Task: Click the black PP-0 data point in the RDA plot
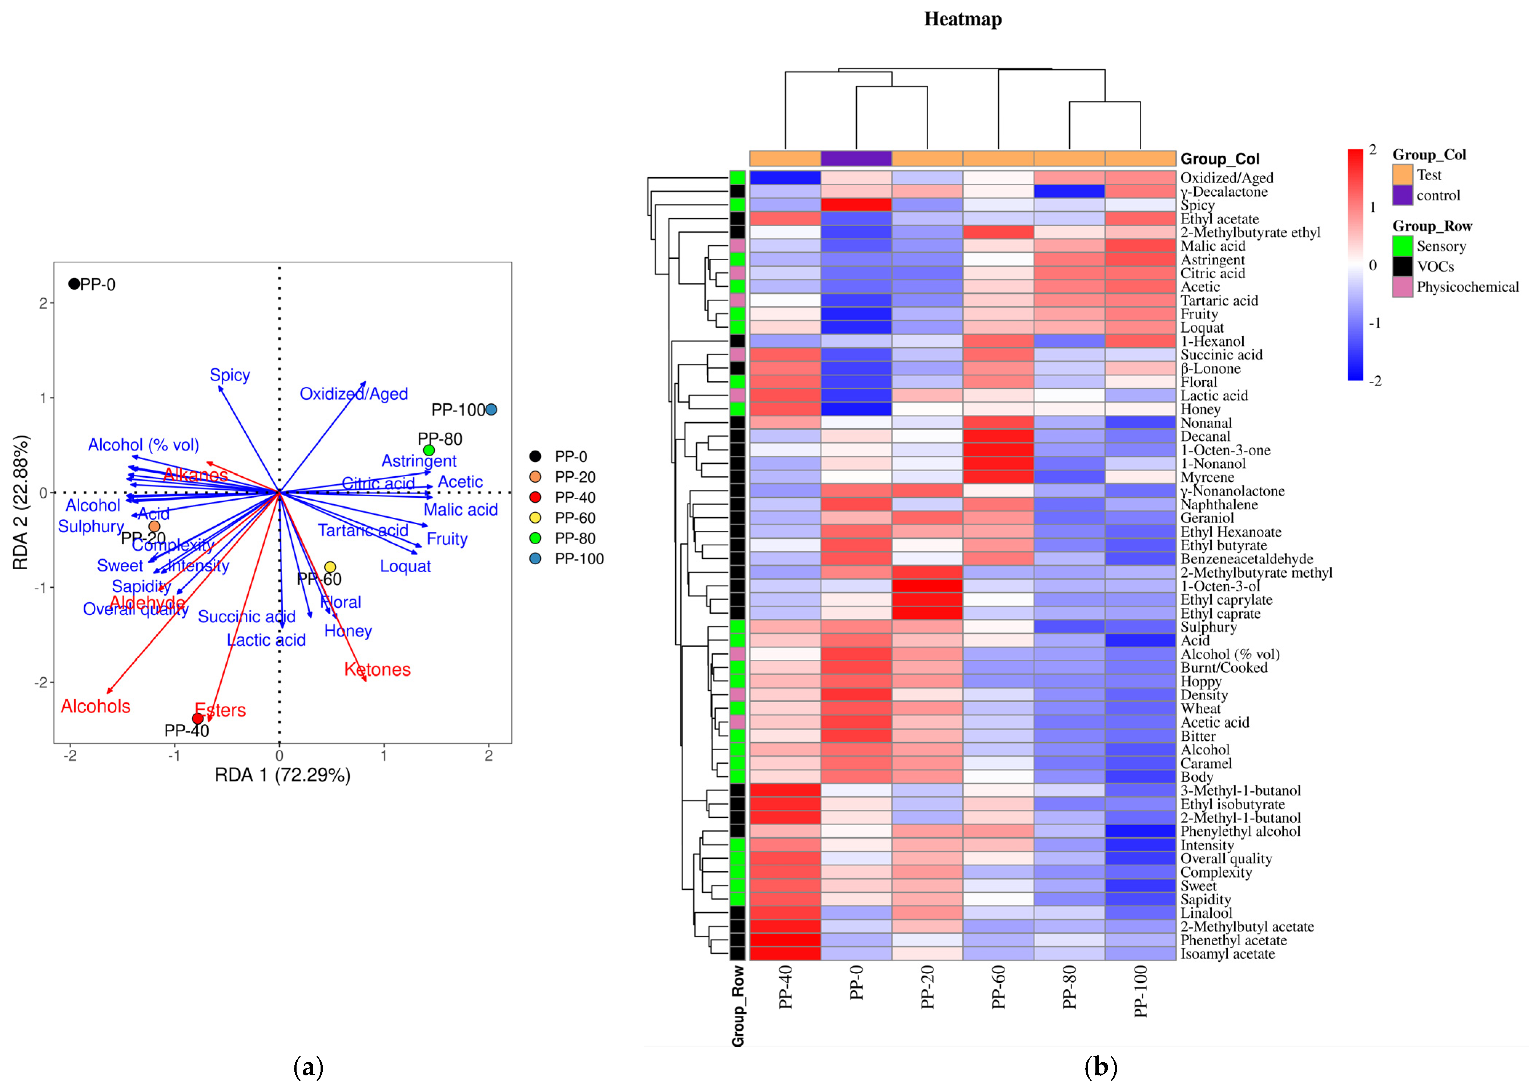tap(74, 284)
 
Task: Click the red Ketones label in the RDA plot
tap(377, 670)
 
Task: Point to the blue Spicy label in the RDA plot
tap(230, 375)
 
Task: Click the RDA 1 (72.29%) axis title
tap(282, 775)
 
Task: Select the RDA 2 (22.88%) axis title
tap(20, 502)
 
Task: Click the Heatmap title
tap(962, 19)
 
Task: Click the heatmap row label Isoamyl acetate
tap(1227, 954)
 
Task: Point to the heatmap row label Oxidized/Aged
tap(1227, 178)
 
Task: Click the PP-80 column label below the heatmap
tap(1069, 987)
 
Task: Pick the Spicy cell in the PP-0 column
tap(856, 205)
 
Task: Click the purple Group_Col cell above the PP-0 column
tap(856, 158)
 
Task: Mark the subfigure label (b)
tap(1100, 1067)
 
